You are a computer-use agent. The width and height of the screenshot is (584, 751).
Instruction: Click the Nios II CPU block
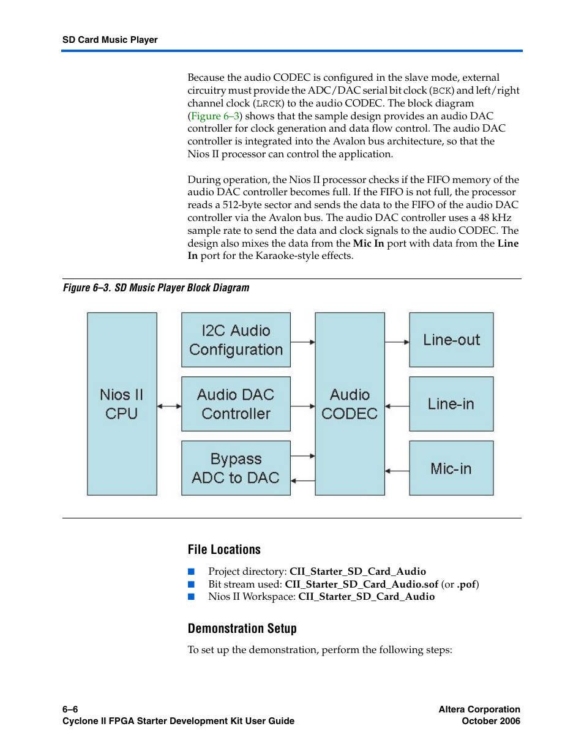pos(122,404)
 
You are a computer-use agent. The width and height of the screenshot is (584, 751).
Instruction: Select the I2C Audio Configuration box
pos(236,340)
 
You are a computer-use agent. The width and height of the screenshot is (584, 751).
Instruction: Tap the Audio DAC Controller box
pos(236,404)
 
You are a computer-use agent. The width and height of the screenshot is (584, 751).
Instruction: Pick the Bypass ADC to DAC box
pos(236,468)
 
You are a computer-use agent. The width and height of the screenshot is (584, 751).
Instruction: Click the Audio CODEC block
pos(350,404)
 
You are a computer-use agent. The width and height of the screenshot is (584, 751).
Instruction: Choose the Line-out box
pos(451,340)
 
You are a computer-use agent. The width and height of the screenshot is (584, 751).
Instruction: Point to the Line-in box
pos(451,404)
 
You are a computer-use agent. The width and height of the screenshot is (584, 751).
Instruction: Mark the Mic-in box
pos(451,468)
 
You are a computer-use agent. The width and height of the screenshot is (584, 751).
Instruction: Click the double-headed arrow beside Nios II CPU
pos(169,405)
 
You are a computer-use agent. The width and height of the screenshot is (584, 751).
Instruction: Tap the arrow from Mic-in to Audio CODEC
pos(397,471)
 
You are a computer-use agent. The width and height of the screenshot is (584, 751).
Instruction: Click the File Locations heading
pos(224,550)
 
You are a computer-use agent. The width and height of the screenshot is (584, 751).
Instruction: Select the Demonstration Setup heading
pos(242,629)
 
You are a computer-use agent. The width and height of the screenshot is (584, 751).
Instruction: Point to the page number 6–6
pos(70,709)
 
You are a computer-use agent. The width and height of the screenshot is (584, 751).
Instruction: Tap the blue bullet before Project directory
pos(191,571)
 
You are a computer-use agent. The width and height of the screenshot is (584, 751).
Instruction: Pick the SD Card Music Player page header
pos(110,40)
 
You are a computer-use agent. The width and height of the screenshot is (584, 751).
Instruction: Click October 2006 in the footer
pos(490,721)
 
